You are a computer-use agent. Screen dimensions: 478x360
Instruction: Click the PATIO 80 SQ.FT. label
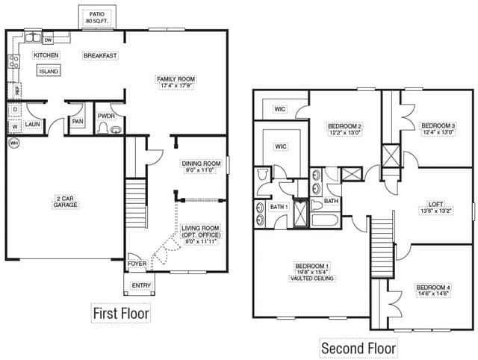(97, 18)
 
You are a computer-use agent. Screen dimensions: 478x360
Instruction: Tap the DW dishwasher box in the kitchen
(48, 40)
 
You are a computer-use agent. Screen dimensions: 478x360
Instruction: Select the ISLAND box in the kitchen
(49, 71)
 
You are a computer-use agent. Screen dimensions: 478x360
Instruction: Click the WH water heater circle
(13, 143)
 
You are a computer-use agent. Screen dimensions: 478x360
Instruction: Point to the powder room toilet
(102, 128)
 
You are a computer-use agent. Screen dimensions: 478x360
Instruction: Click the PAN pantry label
(78, 121)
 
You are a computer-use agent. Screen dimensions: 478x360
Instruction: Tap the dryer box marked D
(15, 110)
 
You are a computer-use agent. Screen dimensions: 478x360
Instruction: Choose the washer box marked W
(15, 126)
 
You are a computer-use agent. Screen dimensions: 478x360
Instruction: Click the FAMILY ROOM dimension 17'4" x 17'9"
(176, 86)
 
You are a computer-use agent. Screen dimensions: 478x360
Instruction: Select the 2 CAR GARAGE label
(65, 202)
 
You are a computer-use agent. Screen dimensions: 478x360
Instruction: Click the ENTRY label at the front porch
(141, 285)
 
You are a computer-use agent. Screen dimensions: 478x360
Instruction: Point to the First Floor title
(121, 314)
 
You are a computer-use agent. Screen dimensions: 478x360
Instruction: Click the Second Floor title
(358, 348)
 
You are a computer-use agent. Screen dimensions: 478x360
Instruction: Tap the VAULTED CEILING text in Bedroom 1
(312, 279)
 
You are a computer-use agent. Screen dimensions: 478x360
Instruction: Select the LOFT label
(435, 204)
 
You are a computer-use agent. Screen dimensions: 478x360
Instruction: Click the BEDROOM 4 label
(433, 288)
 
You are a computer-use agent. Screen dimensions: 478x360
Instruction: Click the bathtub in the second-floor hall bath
(325, 220)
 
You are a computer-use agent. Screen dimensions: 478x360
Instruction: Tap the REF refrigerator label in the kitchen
(17, 91)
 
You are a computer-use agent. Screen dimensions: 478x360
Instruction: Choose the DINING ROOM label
(201, 164)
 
